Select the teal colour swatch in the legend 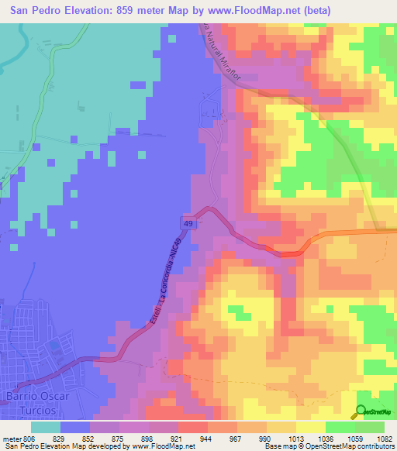(x=46, y=427)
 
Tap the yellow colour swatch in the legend (x=310, y=427)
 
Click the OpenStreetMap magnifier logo (x=362, y=412)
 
